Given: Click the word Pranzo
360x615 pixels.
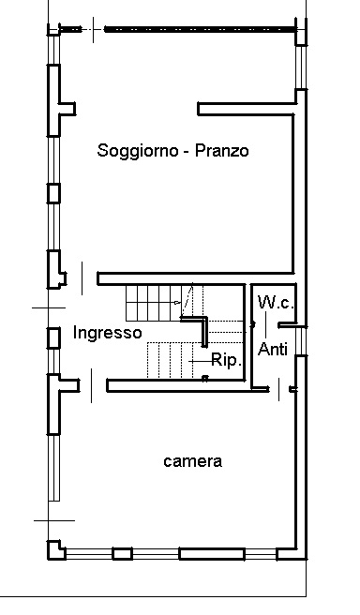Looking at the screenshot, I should coord(221,151).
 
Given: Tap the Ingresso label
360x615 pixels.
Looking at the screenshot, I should coord(107,333).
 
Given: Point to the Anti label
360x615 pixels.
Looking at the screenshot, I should coord(272,350).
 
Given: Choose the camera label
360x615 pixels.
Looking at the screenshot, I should coord(192,461).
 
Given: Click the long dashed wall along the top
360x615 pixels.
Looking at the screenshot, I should coord(199,29).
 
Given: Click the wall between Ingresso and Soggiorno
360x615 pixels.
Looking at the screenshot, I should coord(169,278).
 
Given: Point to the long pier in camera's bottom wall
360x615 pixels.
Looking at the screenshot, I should coord(206,552).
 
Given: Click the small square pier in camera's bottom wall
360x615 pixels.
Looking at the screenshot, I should coord(121,552).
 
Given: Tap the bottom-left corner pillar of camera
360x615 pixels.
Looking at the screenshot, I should coord(57,550).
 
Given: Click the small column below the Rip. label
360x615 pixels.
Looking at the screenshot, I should coord(204,378).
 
